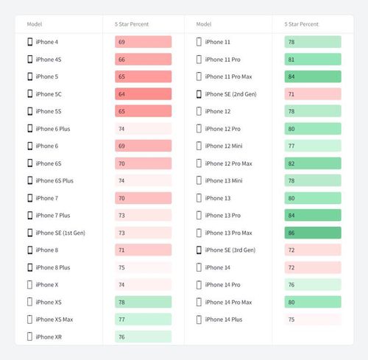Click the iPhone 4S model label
coord(49,60)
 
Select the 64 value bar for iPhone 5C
coord(144,94)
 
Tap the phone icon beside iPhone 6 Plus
coord(30,129)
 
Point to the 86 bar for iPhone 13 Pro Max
coord(313,233)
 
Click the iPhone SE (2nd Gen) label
coord(230,94)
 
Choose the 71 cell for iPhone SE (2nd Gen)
coord(313,94)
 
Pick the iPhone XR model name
coord(49,337)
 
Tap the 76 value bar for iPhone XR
coord(144,336)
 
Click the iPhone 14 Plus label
coord(224,320)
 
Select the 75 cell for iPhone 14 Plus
coord(313,320)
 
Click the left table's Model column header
coord(35,24)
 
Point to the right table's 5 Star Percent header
coord(302,24)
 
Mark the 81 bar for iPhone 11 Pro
coord(313,60)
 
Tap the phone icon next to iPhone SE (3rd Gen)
coord(199,250)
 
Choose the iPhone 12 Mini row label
coord(224,146)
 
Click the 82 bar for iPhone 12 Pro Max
coord(313,163)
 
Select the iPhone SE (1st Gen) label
coord(60,233)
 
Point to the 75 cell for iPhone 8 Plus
coord(144,267)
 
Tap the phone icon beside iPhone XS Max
coord(29,320)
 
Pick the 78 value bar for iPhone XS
coord(144,302)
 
